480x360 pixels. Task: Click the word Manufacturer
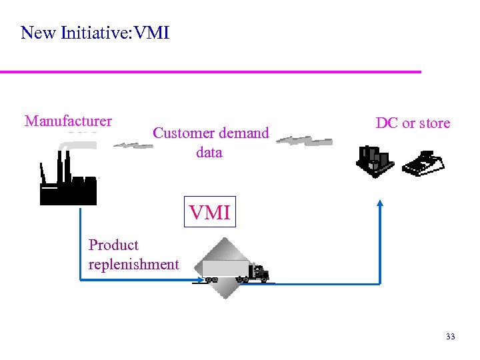(68, 121)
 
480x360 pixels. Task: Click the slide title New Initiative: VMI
(95, 33)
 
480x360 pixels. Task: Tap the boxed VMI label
(209, 213)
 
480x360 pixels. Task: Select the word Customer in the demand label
(182, 133)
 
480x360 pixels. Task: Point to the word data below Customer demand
(209, 153)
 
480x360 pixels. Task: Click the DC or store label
(413, 123)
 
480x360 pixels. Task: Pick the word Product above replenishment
(113, 245)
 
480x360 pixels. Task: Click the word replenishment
(133, 265)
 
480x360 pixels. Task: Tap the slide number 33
(450, 337)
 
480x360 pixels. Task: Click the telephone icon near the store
(423, 164)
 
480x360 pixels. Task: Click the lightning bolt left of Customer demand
(132, 144)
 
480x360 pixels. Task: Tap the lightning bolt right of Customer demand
(304, 141)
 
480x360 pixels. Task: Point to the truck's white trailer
(224, 269)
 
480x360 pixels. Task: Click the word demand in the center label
(244, 133)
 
